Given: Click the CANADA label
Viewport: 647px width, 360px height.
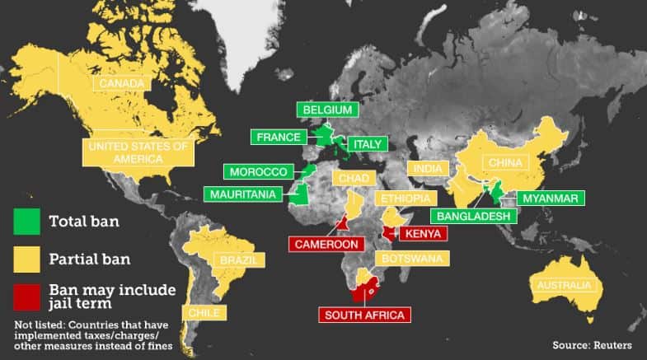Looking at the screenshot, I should coord(122,83).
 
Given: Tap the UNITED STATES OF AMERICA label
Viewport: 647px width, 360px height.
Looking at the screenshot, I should coord(138,152).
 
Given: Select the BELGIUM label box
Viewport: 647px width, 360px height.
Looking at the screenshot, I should coord(327,110).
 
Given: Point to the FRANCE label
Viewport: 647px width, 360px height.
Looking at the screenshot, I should coord(279,137).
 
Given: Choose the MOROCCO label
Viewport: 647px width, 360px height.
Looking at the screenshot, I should coord(258,171).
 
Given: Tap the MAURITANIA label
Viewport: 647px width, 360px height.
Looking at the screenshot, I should coord(244,195).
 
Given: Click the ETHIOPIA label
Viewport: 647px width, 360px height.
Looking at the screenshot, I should coord(404,199).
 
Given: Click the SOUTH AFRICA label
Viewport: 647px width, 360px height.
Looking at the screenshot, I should coord(363,314).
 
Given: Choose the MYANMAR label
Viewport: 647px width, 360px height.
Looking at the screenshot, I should coord(550,198).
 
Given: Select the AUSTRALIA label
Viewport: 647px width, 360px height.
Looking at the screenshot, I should coord(564,285).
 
